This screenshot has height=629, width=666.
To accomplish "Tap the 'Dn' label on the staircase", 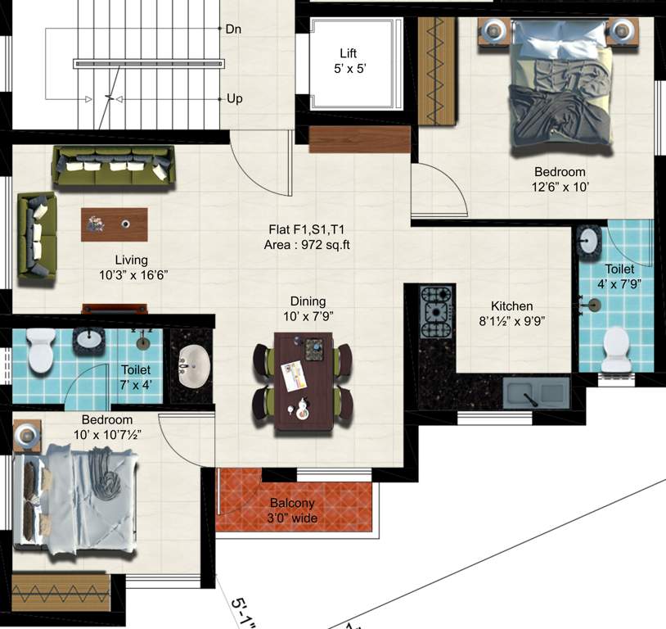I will [x=234, y=29].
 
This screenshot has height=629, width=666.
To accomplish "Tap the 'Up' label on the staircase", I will [x=235, y=99].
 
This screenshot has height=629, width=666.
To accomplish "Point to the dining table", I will [x=303, y=382].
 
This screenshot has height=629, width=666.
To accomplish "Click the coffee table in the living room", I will [x=115, y=224].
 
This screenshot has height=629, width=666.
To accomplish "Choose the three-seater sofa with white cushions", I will [x=114, y=166].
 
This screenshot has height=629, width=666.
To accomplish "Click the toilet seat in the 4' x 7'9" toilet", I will [x=613, y=351].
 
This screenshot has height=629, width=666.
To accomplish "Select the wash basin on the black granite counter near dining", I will [x=193, y=360].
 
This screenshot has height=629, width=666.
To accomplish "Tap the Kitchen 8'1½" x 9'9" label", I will [x=512, y=314].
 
